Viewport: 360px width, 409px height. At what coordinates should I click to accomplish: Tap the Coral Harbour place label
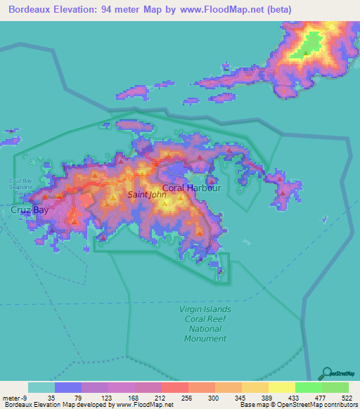pyautogui.click(x=192, y=188)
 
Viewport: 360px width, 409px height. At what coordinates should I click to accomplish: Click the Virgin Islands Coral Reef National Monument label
pyautogui.click(x=206, y=323)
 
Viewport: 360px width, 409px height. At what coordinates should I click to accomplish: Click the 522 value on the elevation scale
pyautogui.click(x=347, y=398)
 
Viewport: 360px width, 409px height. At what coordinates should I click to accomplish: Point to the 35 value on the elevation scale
pyautogui.click(x=52, y=398)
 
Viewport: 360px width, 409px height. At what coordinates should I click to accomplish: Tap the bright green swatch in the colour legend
pyautogui.click(x=308, y=387)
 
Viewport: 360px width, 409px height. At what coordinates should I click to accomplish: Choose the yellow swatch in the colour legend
pyautogui.click(x=281, y=387)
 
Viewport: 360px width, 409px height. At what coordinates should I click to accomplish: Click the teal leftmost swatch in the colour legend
pyautogui.click(x=41, y=387)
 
